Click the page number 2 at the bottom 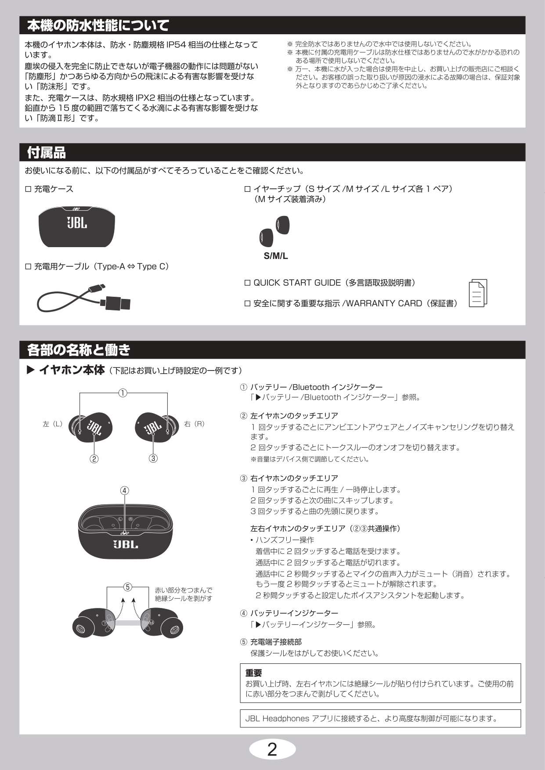click(x=272, y=749)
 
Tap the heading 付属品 click(x=47, y=153)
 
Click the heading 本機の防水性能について click(x=98, y=25)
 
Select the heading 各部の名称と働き click(x=79, y=350)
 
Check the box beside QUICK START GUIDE click(x=247, y=283)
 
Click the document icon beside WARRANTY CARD click(x=478, y=293)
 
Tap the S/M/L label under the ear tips click(x=276, y=256)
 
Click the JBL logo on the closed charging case click(x=77, y=223)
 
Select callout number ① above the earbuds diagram click(x=123, y=393)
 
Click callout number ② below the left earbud click(x=94, y=459)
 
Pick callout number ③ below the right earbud click(x=153, y=458)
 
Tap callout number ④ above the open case click(x=125, y=490)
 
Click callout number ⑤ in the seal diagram click(x=127, y=587)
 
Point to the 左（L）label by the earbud click(x=53, y=424)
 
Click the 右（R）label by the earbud click(x=194, y=424)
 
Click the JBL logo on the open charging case click(x=126, y=544)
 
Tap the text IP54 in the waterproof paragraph click(x=176, y=45)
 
